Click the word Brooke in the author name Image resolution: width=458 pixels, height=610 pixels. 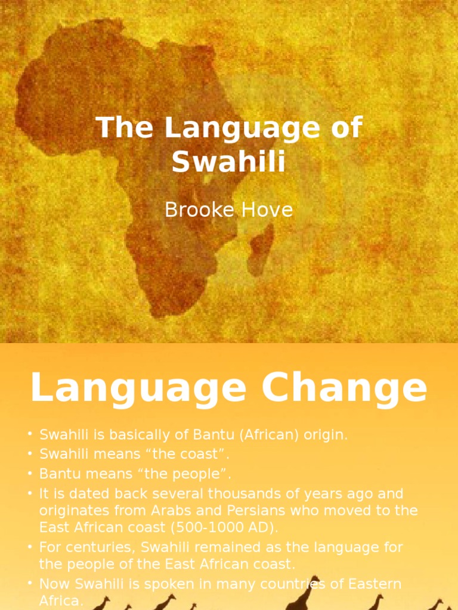coord(194,210)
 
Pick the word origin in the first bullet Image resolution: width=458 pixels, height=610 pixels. coord(325,435)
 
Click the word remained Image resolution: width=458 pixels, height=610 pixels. coord(222,547)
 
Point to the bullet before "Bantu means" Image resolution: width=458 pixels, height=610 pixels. coord(30,474)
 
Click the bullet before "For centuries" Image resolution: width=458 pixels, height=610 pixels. coord(30,547)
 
